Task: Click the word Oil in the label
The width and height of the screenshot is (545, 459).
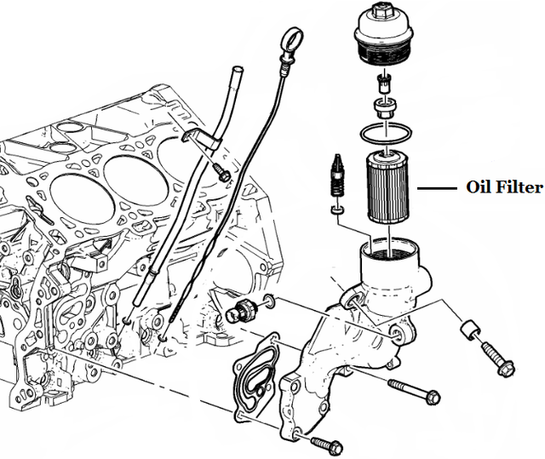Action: [x=479, y=188]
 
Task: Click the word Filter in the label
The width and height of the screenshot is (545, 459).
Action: [x=519, y=188]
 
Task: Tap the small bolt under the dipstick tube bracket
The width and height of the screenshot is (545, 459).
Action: [x=223, y=175]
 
